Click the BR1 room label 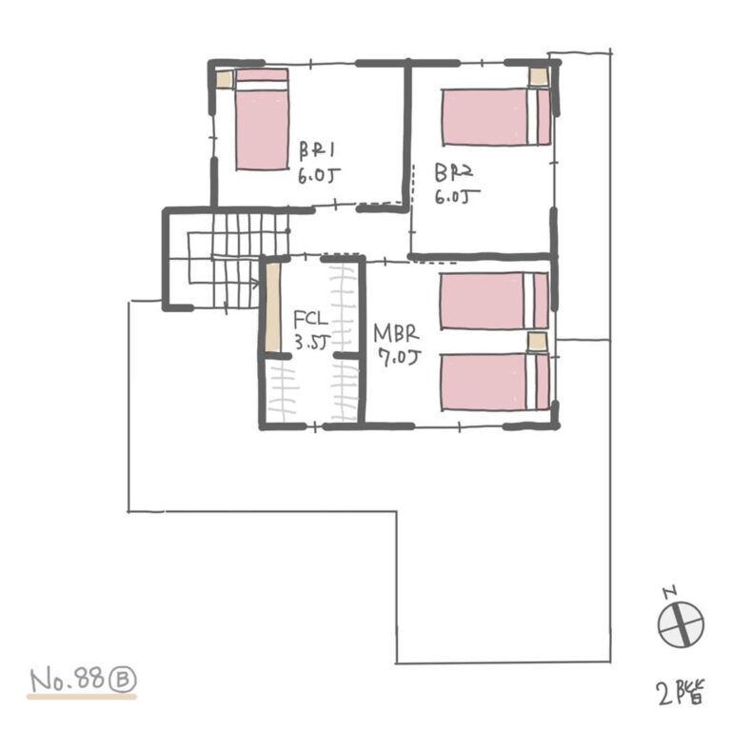point(317,149)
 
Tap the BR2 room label point(454,172)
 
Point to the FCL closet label point(310,319)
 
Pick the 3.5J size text point(311,343)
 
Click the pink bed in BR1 point(262,119)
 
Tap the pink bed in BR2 point(496,117)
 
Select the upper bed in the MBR point(494,301)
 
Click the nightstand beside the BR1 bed point(224,80)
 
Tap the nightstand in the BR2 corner point(539,76)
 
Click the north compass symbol point(681,624)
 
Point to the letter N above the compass point(670,592)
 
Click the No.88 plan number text point(69,680)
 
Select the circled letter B point(125,680)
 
